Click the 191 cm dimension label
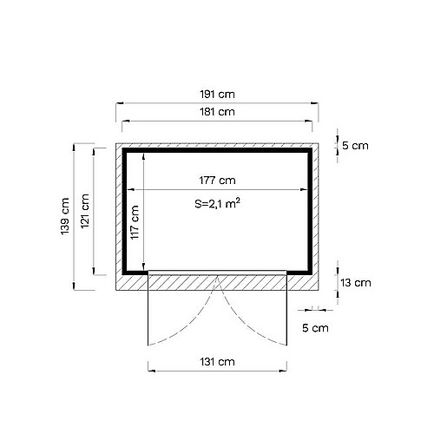click(x=217, y=95)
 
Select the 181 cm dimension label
click(x=217, y=112)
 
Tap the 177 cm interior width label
click(x=217, y=181)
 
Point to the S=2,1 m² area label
click(x=217, y=203)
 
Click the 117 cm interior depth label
click(x=135, y=222)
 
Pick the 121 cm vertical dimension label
click(x=85, y=211)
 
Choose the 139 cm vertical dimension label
click(x=65, y=216)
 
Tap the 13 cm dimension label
click(x=356, y=283)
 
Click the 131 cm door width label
click(x=217, y=362)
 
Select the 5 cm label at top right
click(x=355, y=146)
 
